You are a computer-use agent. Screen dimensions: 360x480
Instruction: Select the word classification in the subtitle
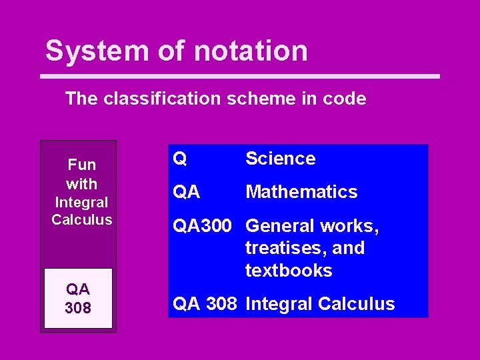[x=161, y=99]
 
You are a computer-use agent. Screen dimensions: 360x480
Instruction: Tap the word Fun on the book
[x=82, y=165]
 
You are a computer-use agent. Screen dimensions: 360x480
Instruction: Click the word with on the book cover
[x=82, y=184]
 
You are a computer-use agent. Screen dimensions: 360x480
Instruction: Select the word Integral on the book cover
[x=81, y=202]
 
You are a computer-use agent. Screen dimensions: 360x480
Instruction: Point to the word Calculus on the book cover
[x=81, y=219]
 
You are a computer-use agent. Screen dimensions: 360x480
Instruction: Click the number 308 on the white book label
[x=78, y=308]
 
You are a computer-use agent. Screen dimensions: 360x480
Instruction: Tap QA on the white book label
[x=78, y=290]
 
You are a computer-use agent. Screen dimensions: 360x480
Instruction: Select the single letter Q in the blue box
[x=180, y=159]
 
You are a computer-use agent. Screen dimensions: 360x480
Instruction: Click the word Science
[x=280, y=159]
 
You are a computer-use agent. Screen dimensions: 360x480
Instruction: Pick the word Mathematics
[x=301, y=192]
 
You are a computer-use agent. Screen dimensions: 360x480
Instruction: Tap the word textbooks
[x=289, y=271]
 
